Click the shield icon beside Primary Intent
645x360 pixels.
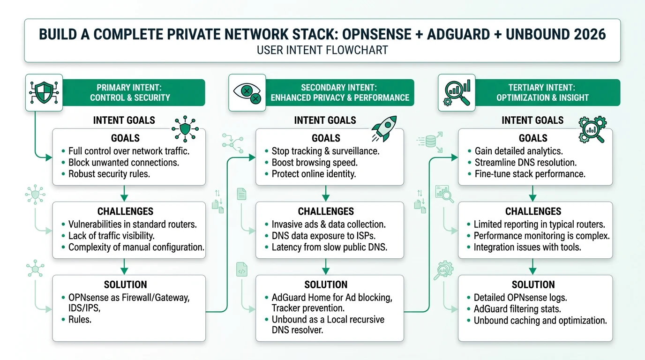[x=44, y=92]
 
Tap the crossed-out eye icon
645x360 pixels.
[x=247, y=92]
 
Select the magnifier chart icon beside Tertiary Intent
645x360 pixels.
[x=456, y=92]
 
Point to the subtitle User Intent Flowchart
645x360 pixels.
[x=322, y=50]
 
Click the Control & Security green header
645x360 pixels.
[x=133, y=92]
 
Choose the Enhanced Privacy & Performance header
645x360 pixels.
[x=340, y=92]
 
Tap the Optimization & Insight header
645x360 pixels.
[x=541, y=92]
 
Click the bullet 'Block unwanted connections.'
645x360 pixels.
[x=123, y=162]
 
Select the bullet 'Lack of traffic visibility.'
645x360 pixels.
[x=111, y=235]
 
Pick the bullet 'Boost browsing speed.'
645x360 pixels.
[x=315, y=162]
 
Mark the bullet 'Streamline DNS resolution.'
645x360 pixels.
[x=525, y=162]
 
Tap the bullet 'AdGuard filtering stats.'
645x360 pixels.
[x=517, y=309]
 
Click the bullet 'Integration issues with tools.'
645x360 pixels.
[x=527, y=247]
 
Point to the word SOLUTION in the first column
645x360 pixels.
[x=125, y=285]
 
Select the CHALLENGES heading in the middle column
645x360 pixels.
[x=326, y=211]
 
